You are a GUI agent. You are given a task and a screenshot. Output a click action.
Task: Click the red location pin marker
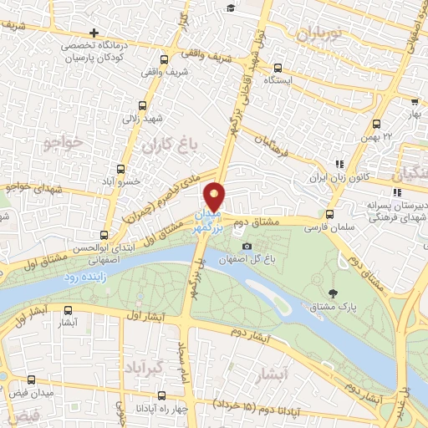215,196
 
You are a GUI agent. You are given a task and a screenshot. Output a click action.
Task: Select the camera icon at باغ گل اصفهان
247,246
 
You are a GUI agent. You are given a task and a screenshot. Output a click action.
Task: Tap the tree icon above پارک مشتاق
334,293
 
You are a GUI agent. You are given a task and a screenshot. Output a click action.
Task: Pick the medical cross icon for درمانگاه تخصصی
94,33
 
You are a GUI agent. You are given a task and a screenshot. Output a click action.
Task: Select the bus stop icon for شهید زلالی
142,106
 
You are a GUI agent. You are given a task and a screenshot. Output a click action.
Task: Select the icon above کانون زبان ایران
339,165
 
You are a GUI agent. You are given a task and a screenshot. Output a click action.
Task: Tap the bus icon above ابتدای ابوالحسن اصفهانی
104,236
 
